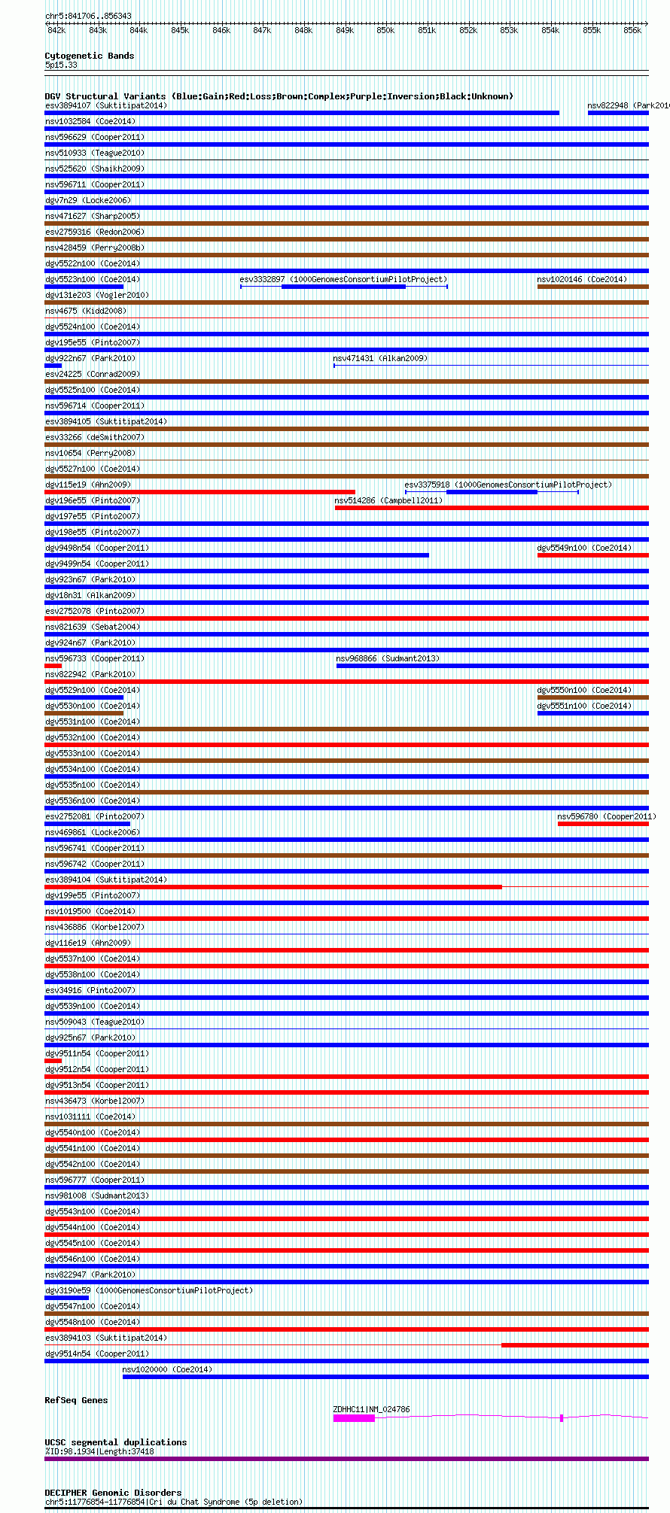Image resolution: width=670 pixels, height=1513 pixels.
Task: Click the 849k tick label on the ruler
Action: tap(344, 30)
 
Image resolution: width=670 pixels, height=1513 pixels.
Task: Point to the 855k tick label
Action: tap(591, 30)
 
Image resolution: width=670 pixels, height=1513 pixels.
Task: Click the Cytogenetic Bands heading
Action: tap(89, 56)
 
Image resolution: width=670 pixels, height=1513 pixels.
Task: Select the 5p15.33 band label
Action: tap(61, 65)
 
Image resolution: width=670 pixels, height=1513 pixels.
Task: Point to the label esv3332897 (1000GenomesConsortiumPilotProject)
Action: tap(343, 279)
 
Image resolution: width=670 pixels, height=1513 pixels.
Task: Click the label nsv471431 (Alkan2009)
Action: tap(380, 358)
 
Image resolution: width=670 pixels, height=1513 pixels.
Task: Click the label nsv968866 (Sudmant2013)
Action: tap(388, 658)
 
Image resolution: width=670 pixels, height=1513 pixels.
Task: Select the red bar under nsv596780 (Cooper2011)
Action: tap(602, 824)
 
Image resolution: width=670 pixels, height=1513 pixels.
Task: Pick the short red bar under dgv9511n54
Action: tap(53, 1061)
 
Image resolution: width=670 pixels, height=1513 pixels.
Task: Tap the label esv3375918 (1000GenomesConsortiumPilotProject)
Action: tap(508, 485)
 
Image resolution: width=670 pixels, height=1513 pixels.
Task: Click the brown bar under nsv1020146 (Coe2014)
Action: tap(592, 287)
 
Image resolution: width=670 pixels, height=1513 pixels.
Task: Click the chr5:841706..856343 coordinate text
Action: tap(88, 16)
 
